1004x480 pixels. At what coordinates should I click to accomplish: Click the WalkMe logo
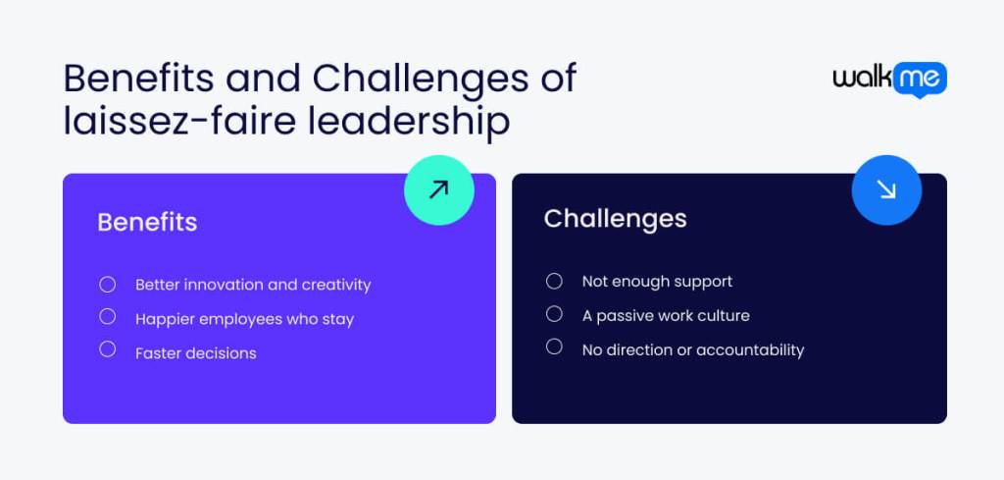pos(889,80)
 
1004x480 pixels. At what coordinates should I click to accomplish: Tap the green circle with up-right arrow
pos(438,189)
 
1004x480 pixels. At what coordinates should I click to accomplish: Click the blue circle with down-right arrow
pos(886,189)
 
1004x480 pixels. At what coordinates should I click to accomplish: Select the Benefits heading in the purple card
pos(147,222)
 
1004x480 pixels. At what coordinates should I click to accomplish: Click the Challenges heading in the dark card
pos(615,218)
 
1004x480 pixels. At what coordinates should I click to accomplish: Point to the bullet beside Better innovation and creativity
pos(108,285)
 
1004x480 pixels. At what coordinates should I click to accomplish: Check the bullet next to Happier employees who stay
pos(108,317)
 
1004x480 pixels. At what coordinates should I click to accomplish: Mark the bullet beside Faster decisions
pos(108,349)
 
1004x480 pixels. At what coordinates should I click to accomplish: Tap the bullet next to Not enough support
pos(554,282)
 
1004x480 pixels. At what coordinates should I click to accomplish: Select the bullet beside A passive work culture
pos(554,314)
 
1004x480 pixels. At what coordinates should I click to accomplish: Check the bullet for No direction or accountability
pos(554,347)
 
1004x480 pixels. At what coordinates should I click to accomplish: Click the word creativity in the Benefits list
pos(336,285)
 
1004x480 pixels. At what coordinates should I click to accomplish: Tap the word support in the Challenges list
pos(700,283)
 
